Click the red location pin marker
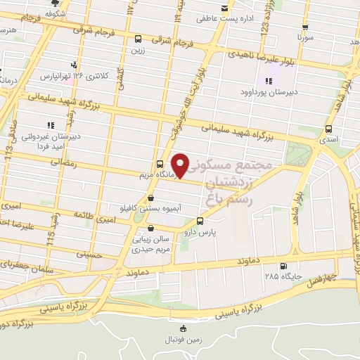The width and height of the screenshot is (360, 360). pos(181,165)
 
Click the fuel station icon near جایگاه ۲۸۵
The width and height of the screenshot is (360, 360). pos(282,266)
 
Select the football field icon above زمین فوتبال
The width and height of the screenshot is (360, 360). pos(184,328)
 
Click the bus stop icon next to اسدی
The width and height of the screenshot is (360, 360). pos(329,129)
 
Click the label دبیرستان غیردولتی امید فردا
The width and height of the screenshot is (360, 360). pos(49,139)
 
